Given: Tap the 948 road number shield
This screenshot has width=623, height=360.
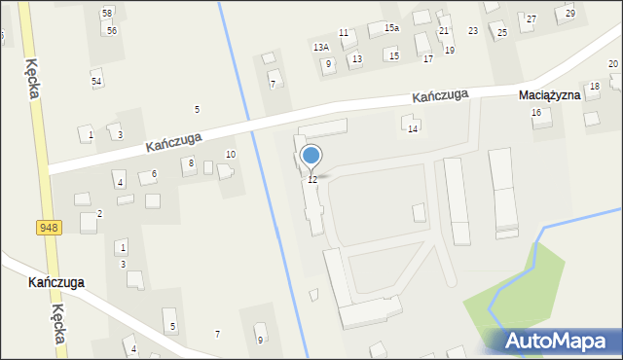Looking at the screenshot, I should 48,227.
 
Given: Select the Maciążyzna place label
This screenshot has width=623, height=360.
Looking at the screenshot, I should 549,95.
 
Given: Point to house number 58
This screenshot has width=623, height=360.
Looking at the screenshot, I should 107,13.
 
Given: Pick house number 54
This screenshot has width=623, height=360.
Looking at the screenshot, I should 96,81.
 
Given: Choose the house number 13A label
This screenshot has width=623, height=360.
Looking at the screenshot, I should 320,47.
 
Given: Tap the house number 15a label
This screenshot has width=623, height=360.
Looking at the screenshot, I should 391,28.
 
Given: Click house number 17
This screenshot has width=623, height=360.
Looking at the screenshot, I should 427,59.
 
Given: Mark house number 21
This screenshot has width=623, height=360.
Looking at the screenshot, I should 444,31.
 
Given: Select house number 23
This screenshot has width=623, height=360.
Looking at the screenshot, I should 473,31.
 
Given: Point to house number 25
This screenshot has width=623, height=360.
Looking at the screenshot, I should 502,33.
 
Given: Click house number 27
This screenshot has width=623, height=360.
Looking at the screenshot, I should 531,18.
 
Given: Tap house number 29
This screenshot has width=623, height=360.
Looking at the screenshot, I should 569,13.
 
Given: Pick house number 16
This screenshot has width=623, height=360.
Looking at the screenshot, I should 535,113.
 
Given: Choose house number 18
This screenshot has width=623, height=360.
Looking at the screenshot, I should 594,87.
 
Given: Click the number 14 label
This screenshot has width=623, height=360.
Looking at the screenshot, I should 413,128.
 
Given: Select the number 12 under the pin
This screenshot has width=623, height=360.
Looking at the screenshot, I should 311,180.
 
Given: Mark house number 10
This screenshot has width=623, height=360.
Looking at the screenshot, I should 231,154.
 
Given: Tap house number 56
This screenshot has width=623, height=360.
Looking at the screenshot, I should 113,30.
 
